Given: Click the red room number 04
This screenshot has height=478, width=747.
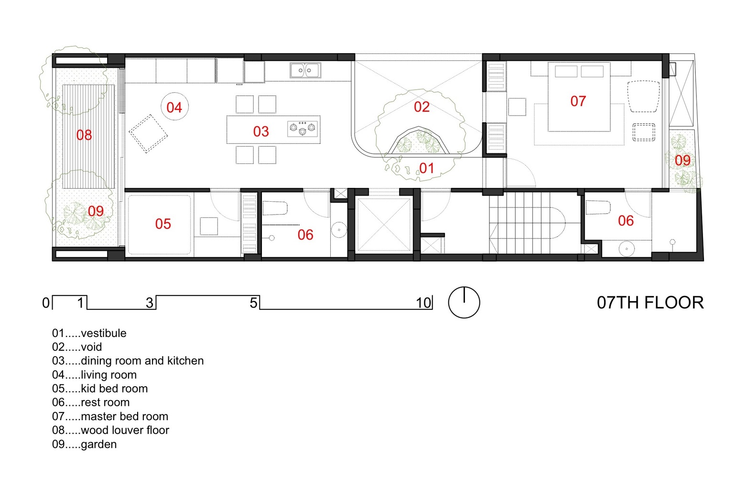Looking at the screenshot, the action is (x=174, y=108).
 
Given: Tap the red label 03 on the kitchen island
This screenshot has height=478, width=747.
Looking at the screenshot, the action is (x=261, y=131).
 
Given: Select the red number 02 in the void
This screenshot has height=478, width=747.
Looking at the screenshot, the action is (x=422, y=107).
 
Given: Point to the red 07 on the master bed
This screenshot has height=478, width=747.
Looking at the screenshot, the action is (x=578, y=101).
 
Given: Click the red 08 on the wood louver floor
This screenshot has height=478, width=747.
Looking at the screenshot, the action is (x=84, y=135).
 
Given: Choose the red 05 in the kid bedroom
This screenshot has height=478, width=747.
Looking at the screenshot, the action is (x=163, y=224).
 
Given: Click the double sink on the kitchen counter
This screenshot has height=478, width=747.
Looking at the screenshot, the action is (x=305, y=70).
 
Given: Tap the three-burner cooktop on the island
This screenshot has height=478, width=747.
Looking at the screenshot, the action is (x=303, y=129).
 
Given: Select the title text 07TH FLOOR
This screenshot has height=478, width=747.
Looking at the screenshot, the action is (x=650, y=303).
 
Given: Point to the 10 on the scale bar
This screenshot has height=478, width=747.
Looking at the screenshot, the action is (x=423, y=303).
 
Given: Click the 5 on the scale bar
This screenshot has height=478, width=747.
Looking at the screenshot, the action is (x=253, y=303).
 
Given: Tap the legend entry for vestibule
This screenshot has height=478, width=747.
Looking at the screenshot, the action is (x=89, y=333).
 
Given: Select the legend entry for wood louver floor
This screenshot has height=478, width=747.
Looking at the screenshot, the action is (x=110, y=430).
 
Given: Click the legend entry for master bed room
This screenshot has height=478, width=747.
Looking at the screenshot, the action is (x=110, y=416).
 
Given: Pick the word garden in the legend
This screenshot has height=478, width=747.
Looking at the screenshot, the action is (x=99, y=445).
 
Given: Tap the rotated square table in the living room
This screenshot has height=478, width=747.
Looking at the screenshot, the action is (x=148, y=134).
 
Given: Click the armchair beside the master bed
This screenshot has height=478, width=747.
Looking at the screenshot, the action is (x=643, y=96).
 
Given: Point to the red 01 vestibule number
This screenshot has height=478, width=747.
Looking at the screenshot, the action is (x=426, y=168).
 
